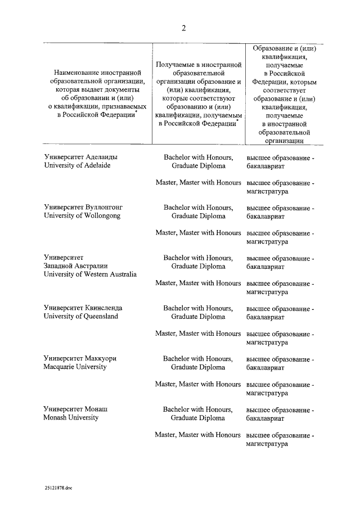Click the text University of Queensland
pos(81,317)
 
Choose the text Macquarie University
pos(75,367)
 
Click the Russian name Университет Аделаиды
pos(81,157)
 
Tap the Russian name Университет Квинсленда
pos(83,308)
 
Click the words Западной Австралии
pos(75,266)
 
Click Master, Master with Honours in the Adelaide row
pos(198,183)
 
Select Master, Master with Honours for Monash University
pos(198,435)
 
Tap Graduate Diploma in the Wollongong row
pos(198,216)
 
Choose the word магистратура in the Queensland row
pos(267,343)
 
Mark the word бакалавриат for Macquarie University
pos(265,367)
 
